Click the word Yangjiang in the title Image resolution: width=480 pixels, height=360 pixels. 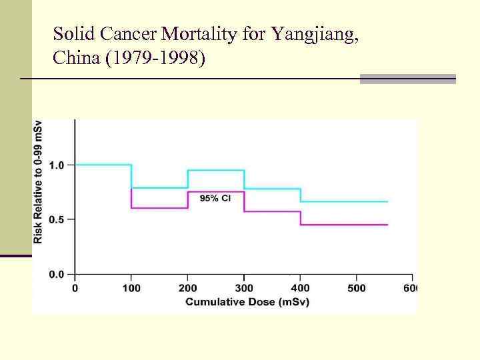pyautogui.click(x=313, y=35)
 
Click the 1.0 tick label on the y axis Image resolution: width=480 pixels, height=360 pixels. pyautogui.click(x=57, y=165)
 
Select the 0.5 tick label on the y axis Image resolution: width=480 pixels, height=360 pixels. pyautogui.click(x=57, y=219)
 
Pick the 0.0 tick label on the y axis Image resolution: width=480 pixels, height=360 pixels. pyautogui.click(x=57, y=274)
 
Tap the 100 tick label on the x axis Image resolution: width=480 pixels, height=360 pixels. pyautogui.click(x=131, y=288)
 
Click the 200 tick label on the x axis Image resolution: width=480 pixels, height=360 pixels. pyautogui.click(x=188, y=288)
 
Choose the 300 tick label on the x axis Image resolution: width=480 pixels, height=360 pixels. pyautogui.click(x=244, y=288)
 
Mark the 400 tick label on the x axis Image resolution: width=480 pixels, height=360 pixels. pyautogui.click(x=301, y=288)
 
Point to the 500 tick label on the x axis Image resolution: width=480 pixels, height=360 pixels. pyautogui.click(x=357, y=288)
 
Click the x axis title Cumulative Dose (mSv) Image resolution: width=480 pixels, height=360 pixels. pyautogui.click(x=243, y=302)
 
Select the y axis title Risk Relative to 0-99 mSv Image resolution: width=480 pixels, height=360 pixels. pyautogui.click(x=39, y=181)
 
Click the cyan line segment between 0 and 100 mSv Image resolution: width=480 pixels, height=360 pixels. pyautogui.click(x=103, y=165)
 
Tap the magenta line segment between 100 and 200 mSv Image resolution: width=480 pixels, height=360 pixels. pyautogui.click(x=160, y=208)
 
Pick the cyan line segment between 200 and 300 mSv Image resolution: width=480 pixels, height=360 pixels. pyautogui.click(x=216, y=170)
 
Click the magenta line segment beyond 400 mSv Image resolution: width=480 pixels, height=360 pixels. pyautogui.click(x=343, y=225)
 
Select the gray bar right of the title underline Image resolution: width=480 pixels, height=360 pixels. pyautogui.click(x=407, y=79)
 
